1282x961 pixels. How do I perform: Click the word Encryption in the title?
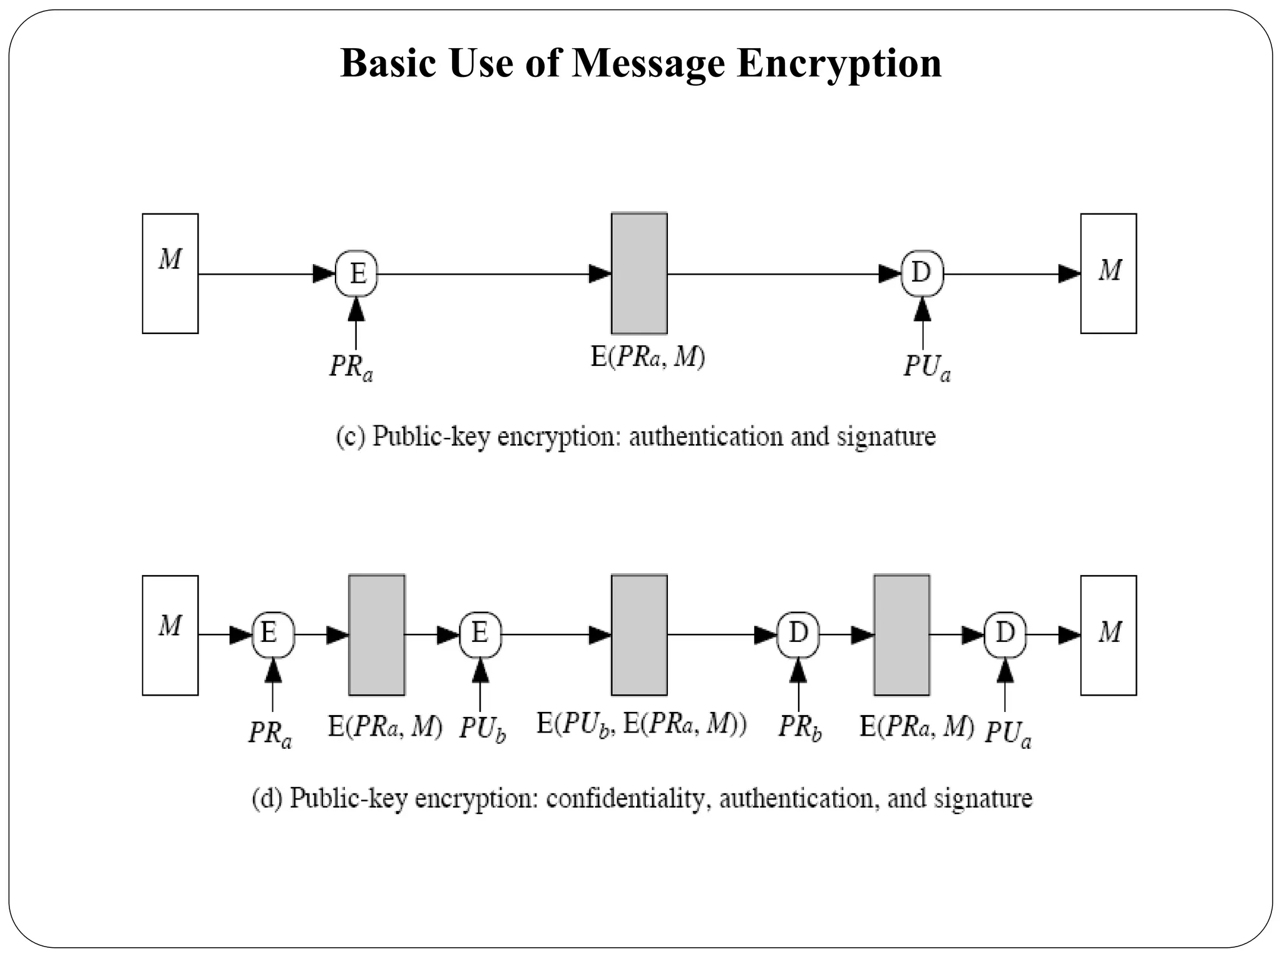point(839,63)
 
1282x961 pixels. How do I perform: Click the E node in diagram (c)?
point(357,273)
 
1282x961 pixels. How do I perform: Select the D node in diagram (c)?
point(922,273)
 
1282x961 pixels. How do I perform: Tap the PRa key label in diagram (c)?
point(351,367)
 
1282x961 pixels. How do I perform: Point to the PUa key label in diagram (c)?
point(926,367)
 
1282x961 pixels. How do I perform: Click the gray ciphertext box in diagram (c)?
point(639,273)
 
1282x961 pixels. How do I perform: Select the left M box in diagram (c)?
point(170,273)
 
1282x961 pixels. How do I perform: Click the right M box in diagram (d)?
point(1109,635)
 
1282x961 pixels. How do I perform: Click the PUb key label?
point(482,729)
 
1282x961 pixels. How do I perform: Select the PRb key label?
point(799,728)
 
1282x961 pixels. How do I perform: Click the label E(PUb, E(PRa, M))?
point(642,725)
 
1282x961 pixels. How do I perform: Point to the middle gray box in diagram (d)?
point(639,635)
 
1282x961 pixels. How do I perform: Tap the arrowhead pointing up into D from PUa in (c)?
point(922,310)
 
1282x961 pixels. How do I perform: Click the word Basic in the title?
point(389,63)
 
